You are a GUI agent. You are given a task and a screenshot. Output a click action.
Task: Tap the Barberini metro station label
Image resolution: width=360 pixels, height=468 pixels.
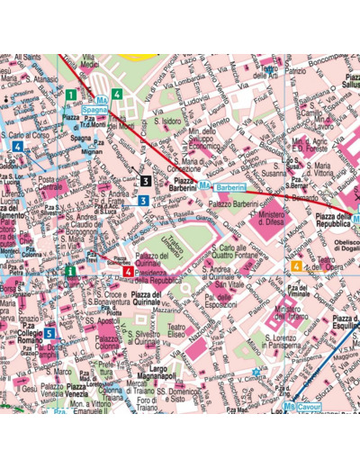coord(230,186)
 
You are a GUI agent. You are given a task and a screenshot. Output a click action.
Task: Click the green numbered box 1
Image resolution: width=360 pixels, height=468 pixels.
coord(71,94)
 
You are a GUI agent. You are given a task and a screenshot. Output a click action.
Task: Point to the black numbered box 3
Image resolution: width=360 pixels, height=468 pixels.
coord(145,181)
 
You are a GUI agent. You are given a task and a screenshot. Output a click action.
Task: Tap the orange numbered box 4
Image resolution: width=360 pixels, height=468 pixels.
coord(298,265)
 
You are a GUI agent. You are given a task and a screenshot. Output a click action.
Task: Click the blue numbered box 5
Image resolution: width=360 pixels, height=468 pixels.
coord(49,332)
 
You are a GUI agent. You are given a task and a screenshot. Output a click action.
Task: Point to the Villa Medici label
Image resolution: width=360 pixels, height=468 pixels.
coord(89,71)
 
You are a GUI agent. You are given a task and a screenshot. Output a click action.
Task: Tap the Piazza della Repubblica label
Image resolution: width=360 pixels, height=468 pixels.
coord(333,222)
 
